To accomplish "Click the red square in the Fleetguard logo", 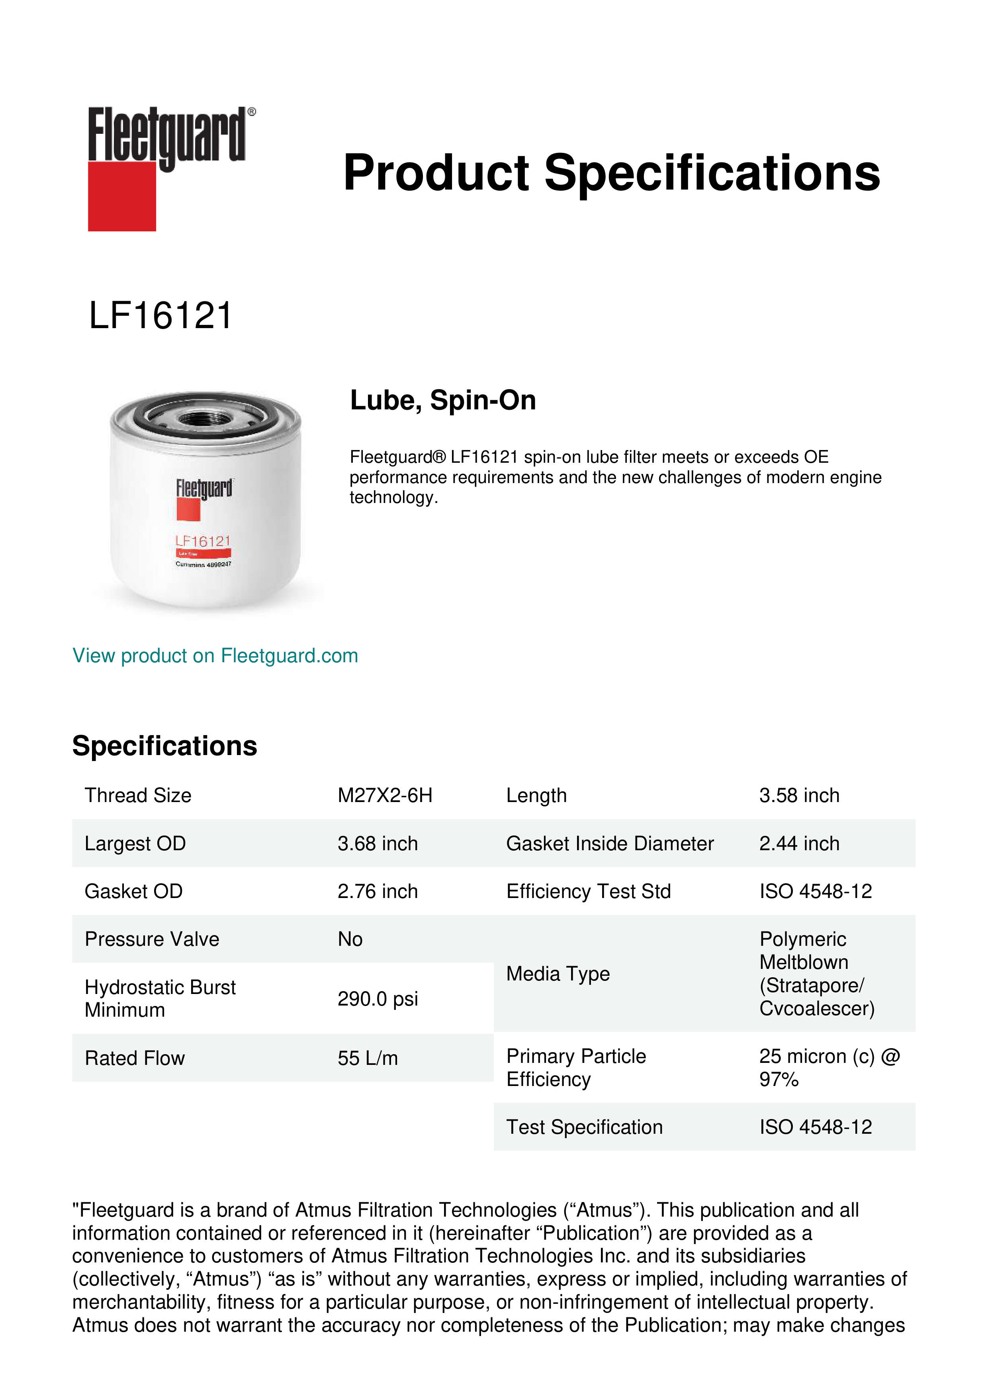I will click(122, 196).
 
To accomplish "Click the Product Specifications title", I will click(611, 173).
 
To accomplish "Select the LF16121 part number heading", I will click(160, 316).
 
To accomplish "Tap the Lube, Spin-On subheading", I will click(442, 400).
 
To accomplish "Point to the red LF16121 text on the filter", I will click(203, 541).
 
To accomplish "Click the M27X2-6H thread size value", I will click(385, 795).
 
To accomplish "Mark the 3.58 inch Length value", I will click(799, 795).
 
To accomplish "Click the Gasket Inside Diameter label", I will click(610, 843).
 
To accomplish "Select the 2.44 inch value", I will click(799, 843).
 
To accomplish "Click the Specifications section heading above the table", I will click(164, 746).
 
